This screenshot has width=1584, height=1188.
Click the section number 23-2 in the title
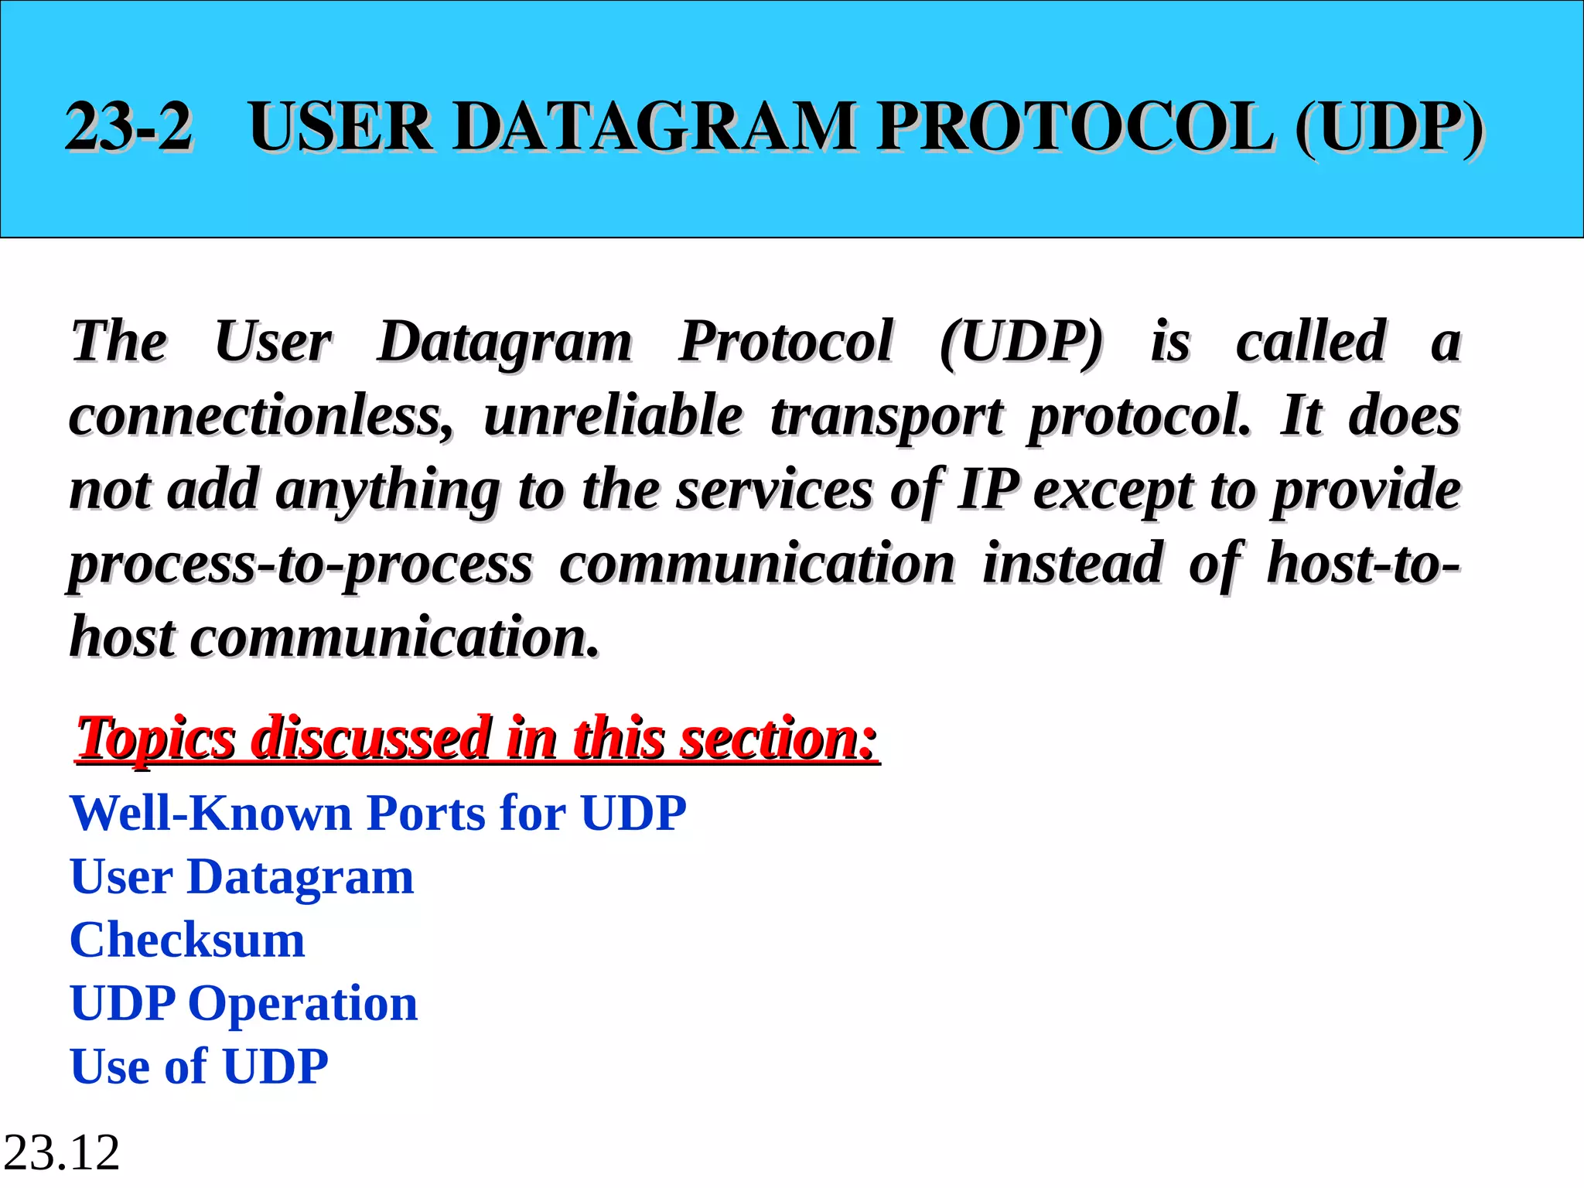tap(128, 127)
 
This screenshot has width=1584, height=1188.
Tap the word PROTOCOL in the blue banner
tap(1075, 127)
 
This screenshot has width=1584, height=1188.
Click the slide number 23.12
tap(62, 1152)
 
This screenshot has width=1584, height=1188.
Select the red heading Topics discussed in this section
tap(477, 738)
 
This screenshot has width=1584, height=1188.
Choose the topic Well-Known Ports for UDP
tap(378, 814)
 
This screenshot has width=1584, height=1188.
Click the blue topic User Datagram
tap(242, 877)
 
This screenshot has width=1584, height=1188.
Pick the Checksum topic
tap(188, 940)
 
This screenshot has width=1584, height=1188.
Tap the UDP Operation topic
tap(244, 1004)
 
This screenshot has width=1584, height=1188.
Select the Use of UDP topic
tap(200, 1067)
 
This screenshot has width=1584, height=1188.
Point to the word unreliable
tap(613, 416)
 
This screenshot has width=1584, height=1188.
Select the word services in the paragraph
tap(774, 490)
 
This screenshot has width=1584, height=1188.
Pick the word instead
tap(1073, 563)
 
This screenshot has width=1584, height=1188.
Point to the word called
tap(1310, 342)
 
